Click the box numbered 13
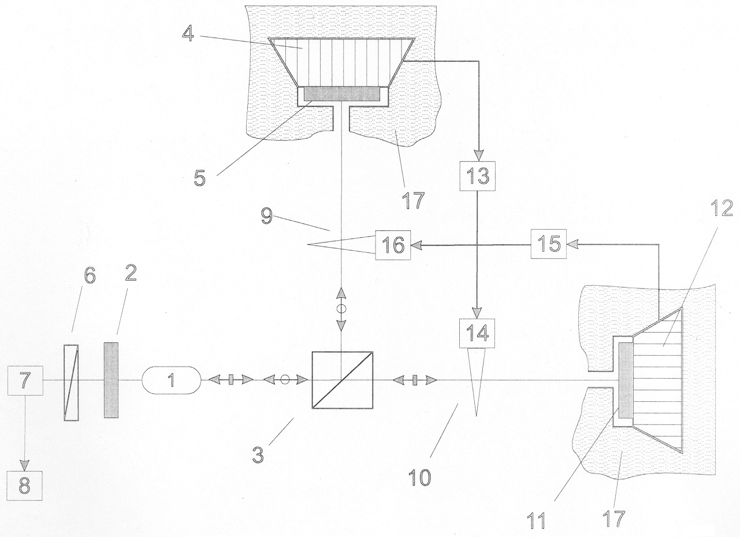[478, 176]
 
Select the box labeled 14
[478, 333]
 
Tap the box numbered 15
[549, 244]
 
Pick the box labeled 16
[393, 245]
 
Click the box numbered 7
[25, 381]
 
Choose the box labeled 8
[25, 486]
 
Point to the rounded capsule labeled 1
[172, 380]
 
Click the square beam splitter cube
[342, 380]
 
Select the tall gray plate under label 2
[111, 381]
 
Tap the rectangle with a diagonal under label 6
[72, 382]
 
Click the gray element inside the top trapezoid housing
[341, 94]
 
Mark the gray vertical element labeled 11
[626, 381]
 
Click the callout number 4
[188, 35]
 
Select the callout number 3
[258, 454]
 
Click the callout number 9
[267, 217]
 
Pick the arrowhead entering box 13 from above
[478, 155]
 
